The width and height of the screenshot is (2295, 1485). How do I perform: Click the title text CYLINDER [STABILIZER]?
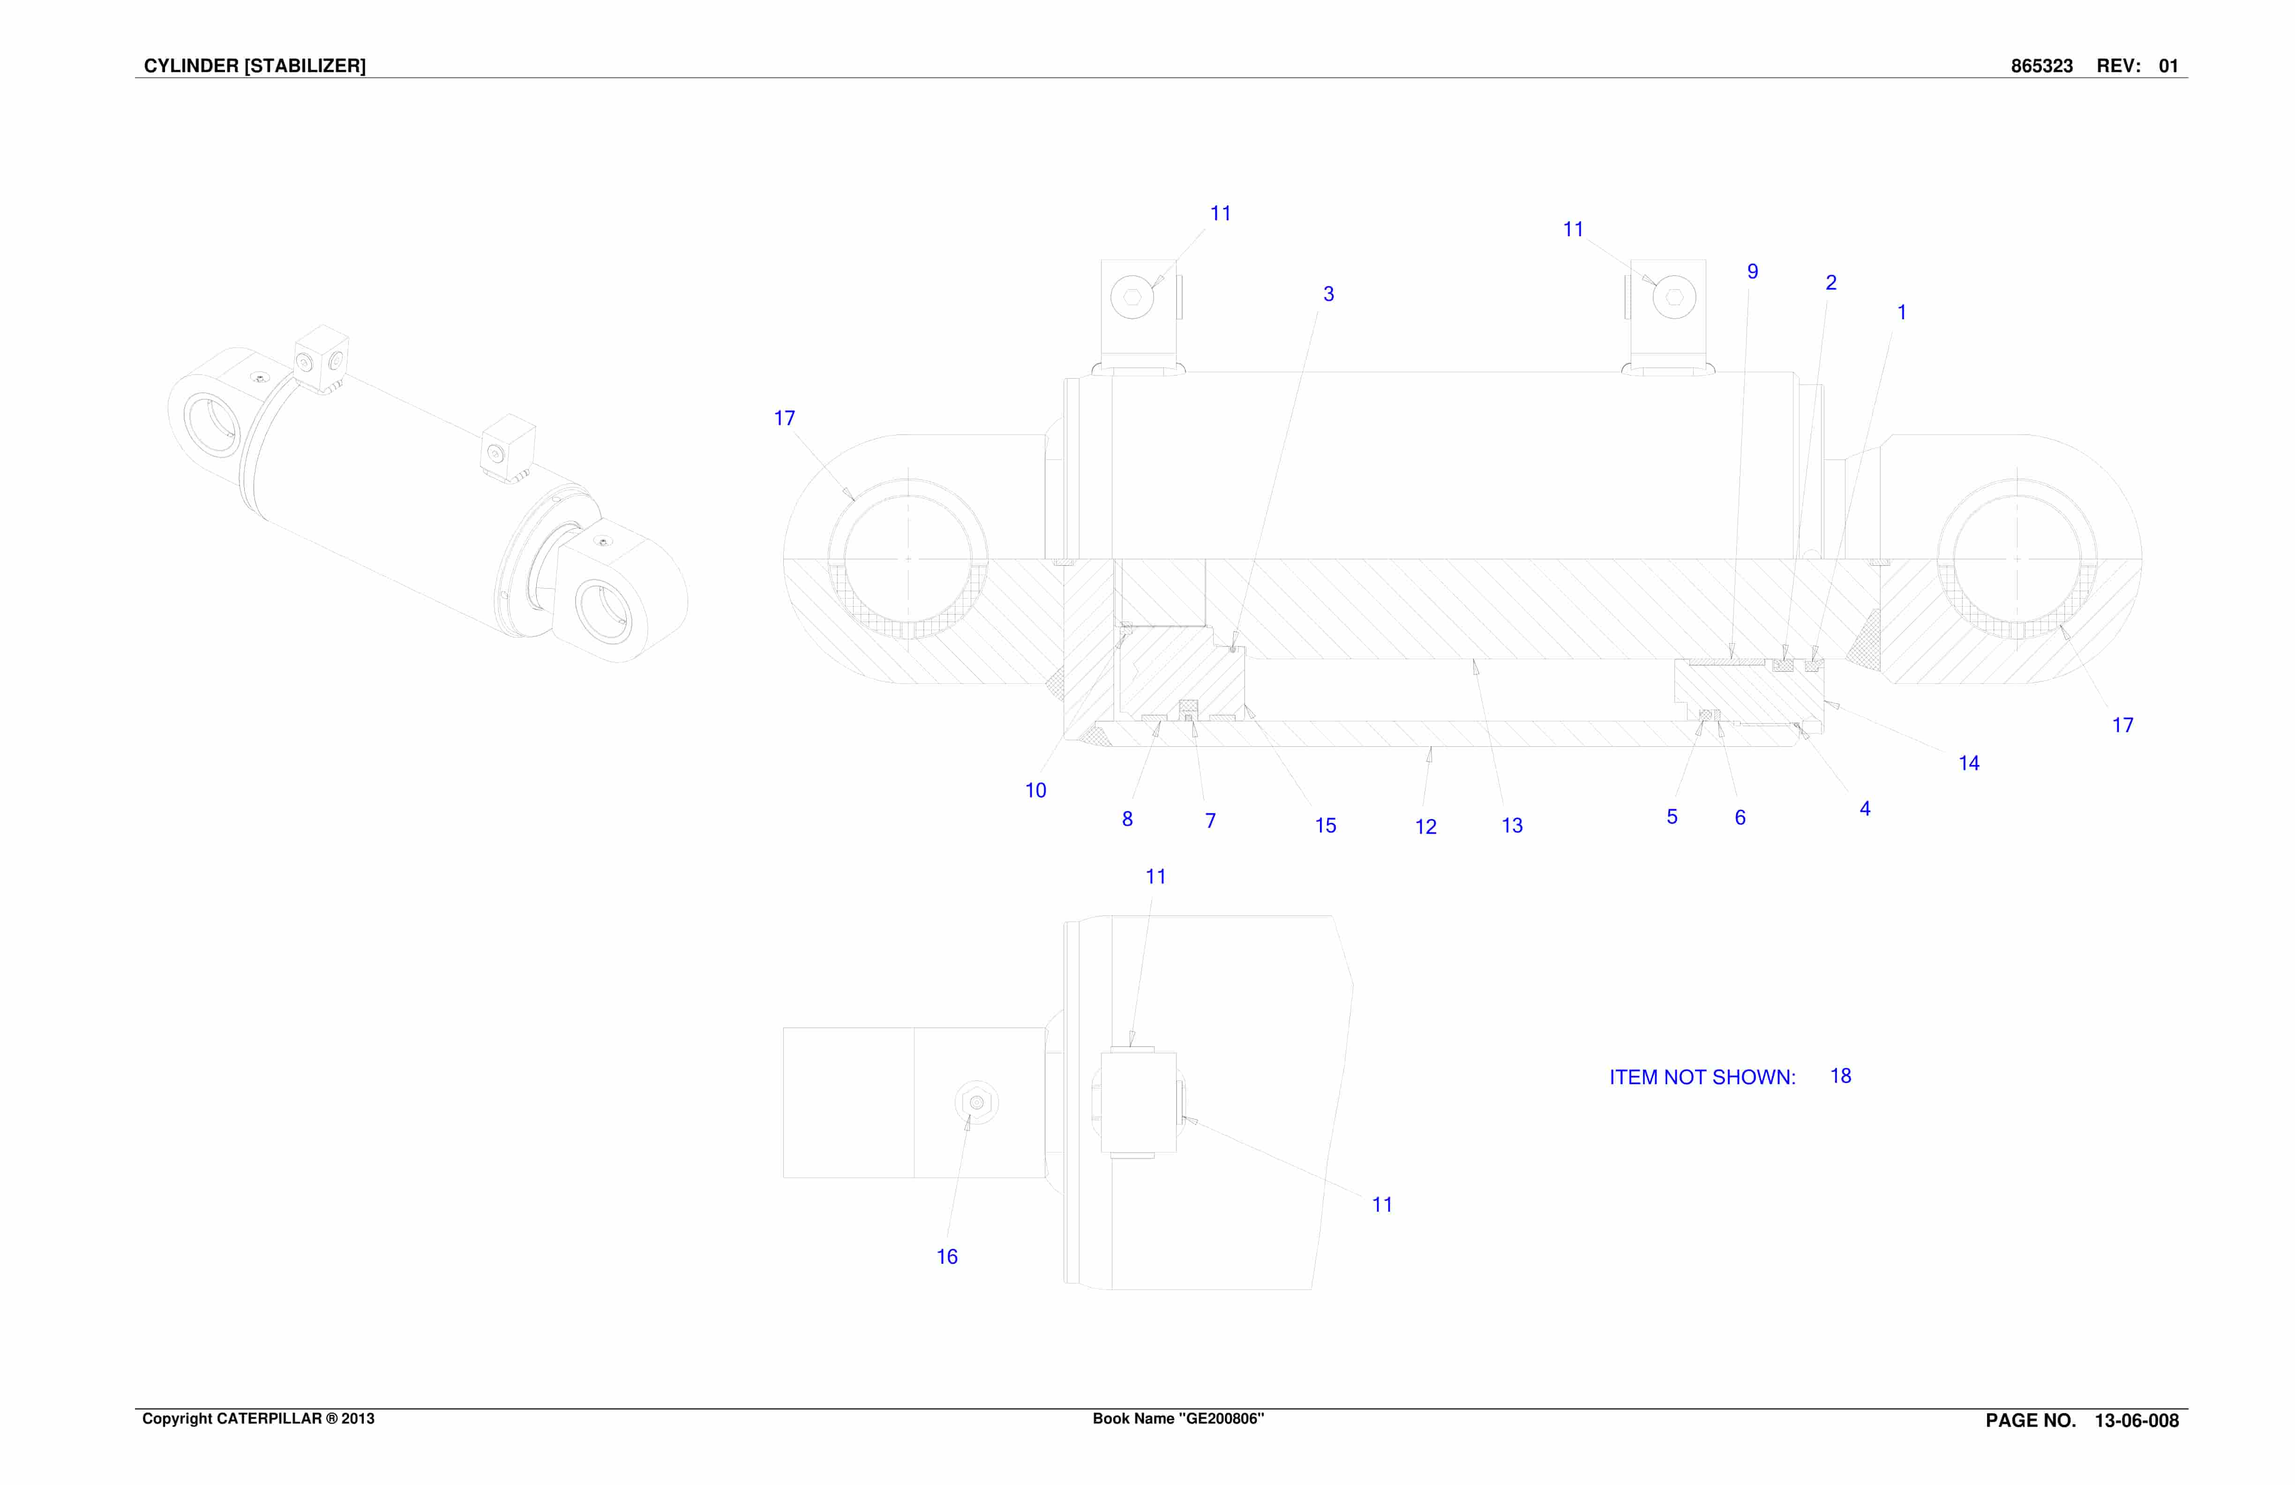255,66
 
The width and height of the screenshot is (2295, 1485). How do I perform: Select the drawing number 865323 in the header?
2041,66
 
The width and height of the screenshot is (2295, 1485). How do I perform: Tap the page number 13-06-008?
2137,1420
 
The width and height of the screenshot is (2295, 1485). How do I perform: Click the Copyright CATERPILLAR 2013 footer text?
258,1418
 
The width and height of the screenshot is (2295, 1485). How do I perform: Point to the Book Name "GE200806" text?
1178,1418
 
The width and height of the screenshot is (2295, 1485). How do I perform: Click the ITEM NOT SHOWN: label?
1702,1077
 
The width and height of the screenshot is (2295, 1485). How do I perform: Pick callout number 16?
947,1256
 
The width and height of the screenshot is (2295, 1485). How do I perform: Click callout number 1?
1902,313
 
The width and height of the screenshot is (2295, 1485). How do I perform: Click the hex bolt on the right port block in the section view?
1674,297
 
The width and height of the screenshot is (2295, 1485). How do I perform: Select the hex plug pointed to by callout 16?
977,1102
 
